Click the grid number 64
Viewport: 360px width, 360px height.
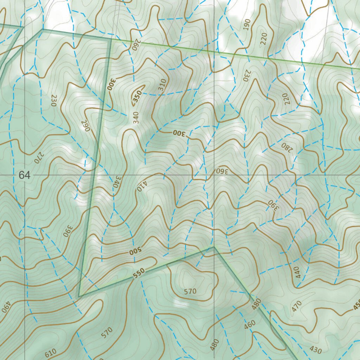coord(25,175)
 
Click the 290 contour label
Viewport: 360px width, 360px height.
coord(86,126)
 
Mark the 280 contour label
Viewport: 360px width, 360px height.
coord(287,147)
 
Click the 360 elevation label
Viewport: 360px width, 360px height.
coord(222,171)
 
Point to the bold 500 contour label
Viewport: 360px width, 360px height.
coord(135,252)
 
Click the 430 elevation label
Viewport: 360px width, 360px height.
coord(315,349)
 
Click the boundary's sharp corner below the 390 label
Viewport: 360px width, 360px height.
coord(79,296)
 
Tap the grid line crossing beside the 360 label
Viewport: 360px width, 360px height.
coord(214,175)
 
